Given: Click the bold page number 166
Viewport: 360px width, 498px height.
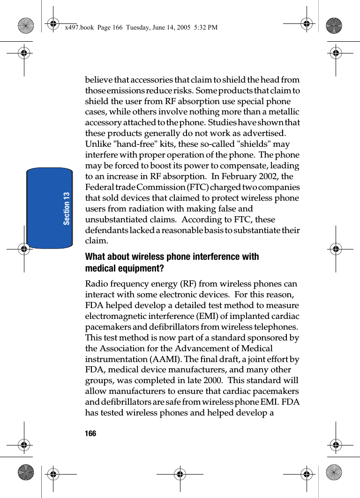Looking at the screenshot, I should tap(90, 434).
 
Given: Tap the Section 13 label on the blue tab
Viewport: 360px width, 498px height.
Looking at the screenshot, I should tap(67, 208).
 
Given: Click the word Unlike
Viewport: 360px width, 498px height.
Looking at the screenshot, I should tap(97, 144).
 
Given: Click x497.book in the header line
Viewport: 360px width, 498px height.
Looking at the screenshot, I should tap(80, 28).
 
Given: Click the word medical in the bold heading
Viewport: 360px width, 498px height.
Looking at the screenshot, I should tap(99, 269).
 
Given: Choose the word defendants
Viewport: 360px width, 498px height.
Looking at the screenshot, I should tap(106, 230).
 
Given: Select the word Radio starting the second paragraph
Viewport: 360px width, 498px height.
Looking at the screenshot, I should tap(96, 284).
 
